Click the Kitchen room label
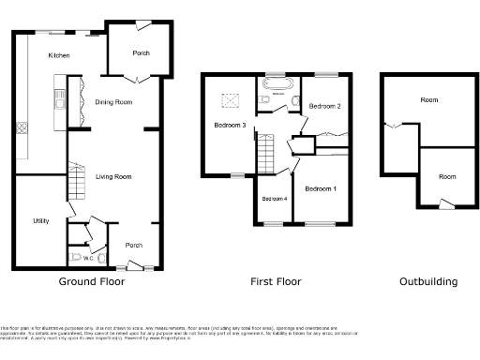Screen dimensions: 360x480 tap(59, 56)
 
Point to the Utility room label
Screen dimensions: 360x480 tap(40, 220)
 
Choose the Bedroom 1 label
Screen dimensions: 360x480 tap(322, 189)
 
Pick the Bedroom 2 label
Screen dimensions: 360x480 tap(324, 106)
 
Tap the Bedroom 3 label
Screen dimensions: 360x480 tap(230, 125)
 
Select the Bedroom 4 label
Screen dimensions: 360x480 tap(275, 199)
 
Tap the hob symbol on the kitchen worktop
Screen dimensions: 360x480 tap(21, 127)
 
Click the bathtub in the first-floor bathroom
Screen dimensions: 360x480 tap(280, 96)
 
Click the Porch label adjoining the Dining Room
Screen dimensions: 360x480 tap(141, 53)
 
